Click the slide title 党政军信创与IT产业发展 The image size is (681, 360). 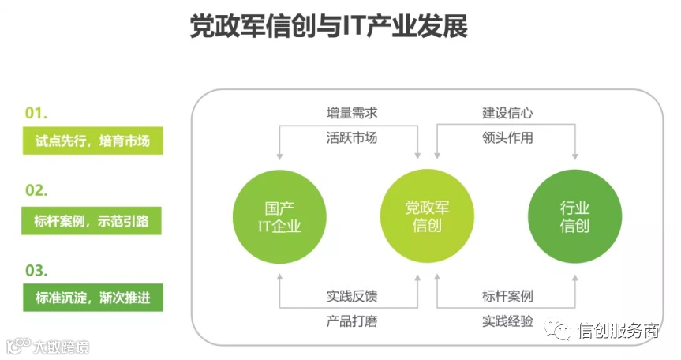[329, 27]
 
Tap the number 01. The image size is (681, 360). [36, 113]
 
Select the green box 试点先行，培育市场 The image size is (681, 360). [92, 141]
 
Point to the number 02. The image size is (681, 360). [36, 190]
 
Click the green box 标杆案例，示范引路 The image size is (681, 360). [92, 220]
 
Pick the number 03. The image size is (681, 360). [36, 270]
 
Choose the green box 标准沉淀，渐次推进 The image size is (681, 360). [92, 298]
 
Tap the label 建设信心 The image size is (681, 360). [508, 113]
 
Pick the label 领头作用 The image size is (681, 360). [508, 138]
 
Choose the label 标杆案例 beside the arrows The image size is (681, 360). [508, 297]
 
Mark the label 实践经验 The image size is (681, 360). [508, 321]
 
